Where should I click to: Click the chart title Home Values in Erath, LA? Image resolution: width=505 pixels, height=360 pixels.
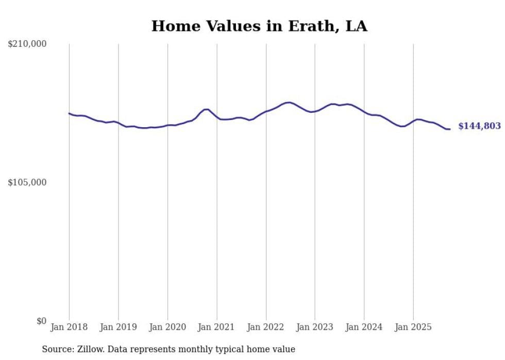(259, 26)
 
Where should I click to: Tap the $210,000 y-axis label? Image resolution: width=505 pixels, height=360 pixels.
(27, 44)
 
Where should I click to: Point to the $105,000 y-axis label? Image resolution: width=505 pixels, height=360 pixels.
(27, 182)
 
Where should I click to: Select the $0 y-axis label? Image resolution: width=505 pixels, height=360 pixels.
(41, 321)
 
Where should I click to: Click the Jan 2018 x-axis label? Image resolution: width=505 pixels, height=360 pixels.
(69, 327)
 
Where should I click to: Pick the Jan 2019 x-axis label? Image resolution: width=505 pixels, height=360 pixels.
(119, 327)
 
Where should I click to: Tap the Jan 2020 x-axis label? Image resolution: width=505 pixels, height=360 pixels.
(167, 327)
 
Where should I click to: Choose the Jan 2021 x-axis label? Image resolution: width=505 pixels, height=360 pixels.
(217, 327)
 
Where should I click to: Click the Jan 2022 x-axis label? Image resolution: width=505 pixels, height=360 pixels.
(266, 327)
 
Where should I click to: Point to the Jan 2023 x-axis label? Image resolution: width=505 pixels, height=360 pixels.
(315, 327)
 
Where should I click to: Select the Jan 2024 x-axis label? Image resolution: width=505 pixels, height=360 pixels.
(364, 327)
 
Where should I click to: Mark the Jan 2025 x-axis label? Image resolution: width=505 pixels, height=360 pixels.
(413, 327)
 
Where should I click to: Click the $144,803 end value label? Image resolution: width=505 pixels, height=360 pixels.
(479, 126)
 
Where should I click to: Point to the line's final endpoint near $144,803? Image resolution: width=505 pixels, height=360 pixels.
(450, 129)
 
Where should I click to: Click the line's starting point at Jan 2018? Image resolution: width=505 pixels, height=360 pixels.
(69, 113)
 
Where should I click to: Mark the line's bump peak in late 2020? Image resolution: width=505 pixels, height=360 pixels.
(206, 109)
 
